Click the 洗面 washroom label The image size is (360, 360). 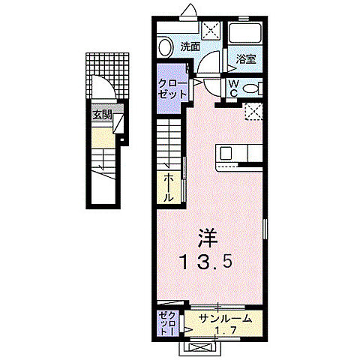[x=190, y=46]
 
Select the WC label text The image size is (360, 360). [x=233, y=88]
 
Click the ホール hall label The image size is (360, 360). [x=169, y=187]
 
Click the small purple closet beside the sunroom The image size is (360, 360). [x=167, y=322]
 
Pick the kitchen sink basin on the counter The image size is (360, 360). [x=226, y=154]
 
